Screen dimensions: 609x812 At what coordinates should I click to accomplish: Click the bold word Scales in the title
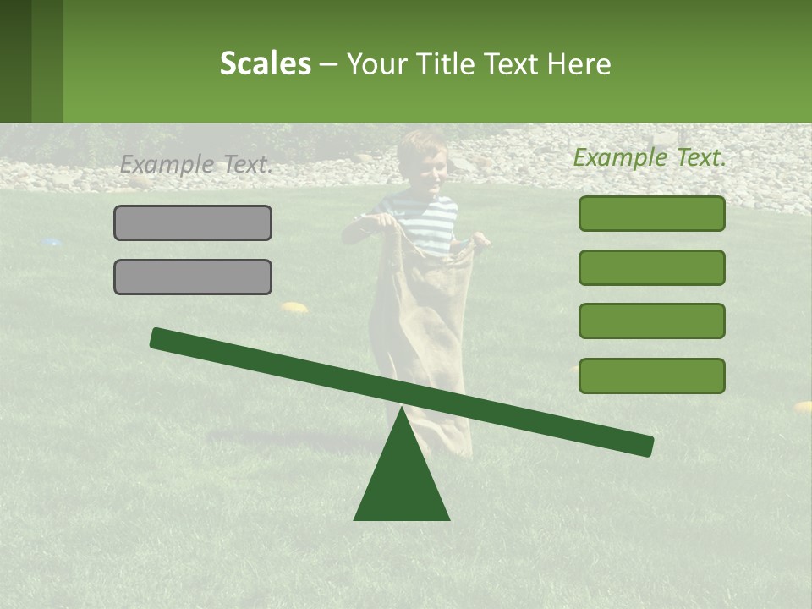click(x=265, y=63)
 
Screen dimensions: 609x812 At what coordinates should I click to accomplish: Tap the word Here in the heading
click(x=579, y=64)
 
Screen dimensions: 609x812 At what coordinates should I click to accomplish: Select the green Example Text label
click(x=650, y=157)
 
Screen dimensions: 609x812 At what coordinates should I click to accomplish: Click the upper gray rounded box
click(x=193, y=222)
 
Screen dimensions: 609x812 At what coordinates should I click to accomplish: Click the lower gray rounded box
click(x=193, y=277)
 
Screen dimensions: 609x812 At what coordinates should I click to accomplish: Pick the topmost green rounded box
click(x=651, y=213)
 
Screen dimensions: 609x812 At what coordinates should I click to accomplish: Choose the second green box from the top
click(x=651, y=267)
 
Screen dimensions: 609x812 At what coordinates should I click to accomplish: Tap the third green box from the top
click(x=651, y=321)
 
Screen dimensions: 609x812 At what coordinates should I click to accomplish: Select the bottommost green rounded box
click(x=651, y=376)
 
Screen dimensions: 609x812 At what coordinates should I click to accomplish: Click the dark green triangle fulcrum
click(x=402, y=482)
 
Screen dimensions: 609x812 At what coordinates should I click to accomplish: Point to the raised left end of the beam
click(x=161, y=338)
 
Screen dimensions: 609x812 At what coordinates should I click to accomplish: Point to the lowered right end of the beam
click(x=643, y=446)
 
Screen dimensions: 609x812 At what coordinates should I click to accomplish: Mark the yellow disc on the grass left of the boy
click(x=294, y=308)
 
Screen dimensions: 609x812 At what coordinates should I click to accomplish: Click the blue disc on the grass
click(x=52, y=243)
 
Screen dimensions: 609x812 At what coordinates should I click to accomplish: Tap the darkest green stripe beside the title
click(x=15, y=61)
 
